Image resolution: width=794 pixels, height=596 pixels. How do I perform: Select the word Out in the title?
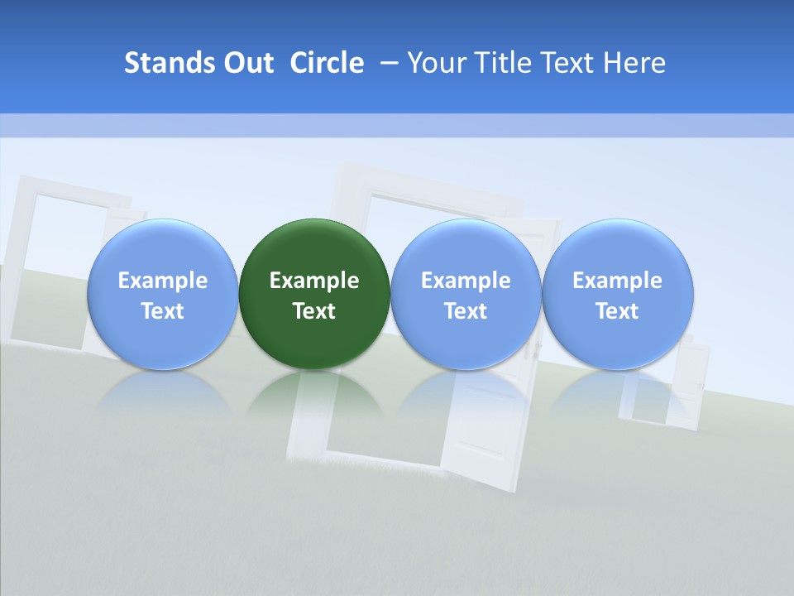[x=247, y=63]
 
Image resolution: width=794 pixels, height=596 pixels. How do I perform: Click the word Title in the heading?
[x=503, y=63]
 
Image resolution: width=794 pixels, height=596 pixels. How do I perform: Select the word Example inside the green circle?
[x=314, y=281]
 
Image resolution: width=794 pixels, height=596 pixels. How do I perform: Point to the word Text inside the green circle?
[x=314, y=311]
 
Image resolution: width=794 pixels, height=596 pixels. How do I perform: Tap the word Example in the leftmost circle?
[x=162, y=281]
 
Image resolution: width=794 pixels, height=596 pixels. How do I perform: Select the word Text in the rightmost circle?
[x=618, y=311]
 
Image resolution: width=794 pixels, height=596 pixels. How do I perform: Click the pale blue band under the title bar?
[x=397, y=125]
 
